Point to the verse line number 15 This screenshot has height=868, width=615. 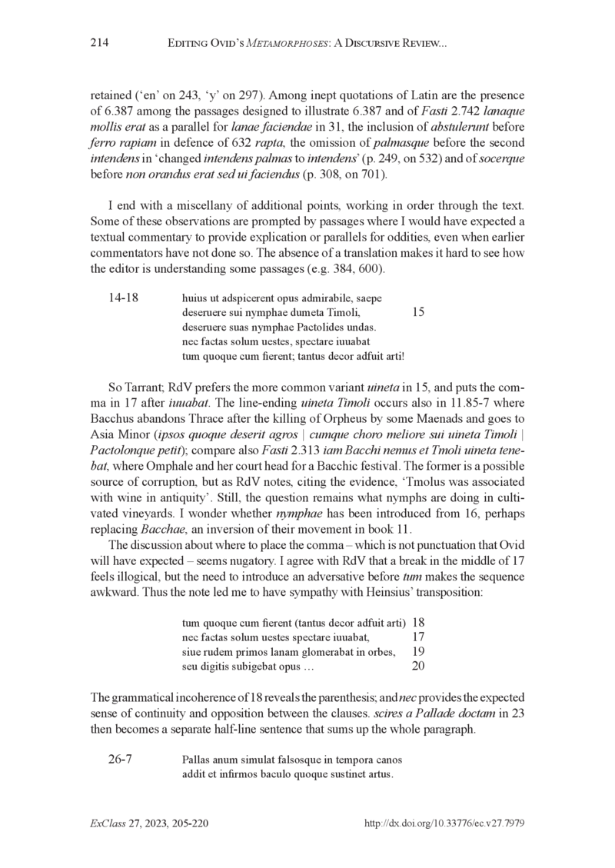(x=418, y=312)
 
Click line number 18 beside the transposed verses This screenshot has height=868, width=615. (x=419, y=621)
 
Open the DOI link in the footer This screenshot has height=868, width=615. (x=443, y=823)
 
